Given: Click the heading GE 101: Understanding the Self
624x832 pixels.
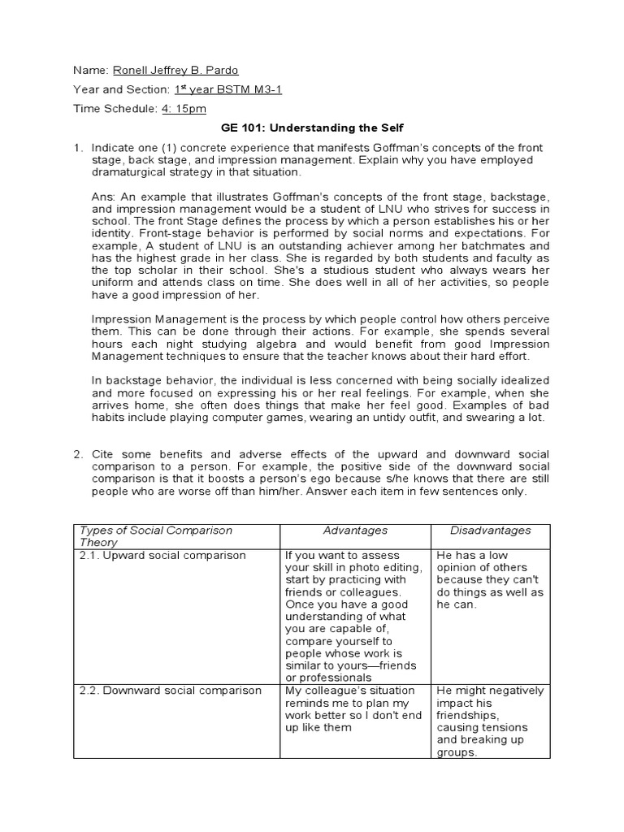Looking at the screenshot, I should (312, 128).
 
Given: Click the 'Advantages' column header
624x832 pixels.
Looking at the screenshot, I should (355, 531).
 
